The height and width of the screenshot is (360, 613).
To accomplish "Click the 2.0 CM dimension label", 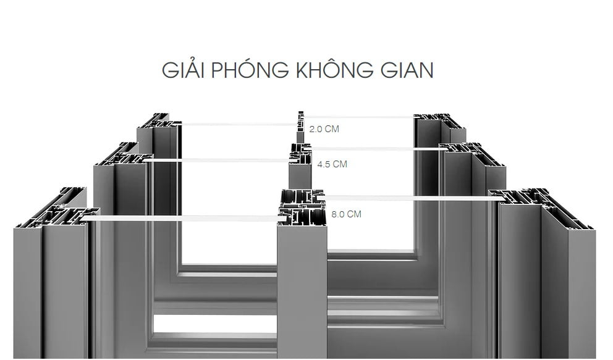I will point(324,130).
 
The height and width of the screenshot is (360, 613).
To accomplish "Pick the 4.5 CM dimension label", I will point(332,164).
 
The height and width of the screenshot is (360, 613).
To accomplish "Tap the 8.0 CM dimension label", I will point(346,214).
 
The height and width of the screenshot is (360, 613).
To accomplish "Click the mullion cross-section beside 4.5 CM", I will point(301,154).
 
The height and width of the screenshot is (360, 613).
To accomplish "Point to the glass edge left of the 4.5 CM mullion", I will point(219,161).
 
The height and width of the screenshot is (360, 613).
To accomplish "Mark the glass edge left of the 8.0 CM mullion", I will point(179,218).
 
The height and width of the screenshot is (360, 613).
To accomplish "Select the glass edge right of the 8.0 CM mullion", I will point(408,198).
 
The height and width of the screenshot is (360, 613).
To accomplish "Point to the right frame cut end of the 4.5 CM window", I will point(470,151).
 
